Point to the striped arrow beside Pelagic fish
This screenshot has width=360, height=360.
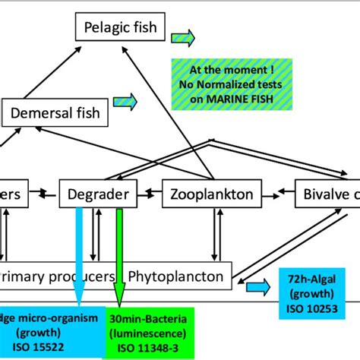click(182, 36)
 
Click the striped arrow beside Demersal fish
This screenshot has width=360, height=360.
click(125, 100)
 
